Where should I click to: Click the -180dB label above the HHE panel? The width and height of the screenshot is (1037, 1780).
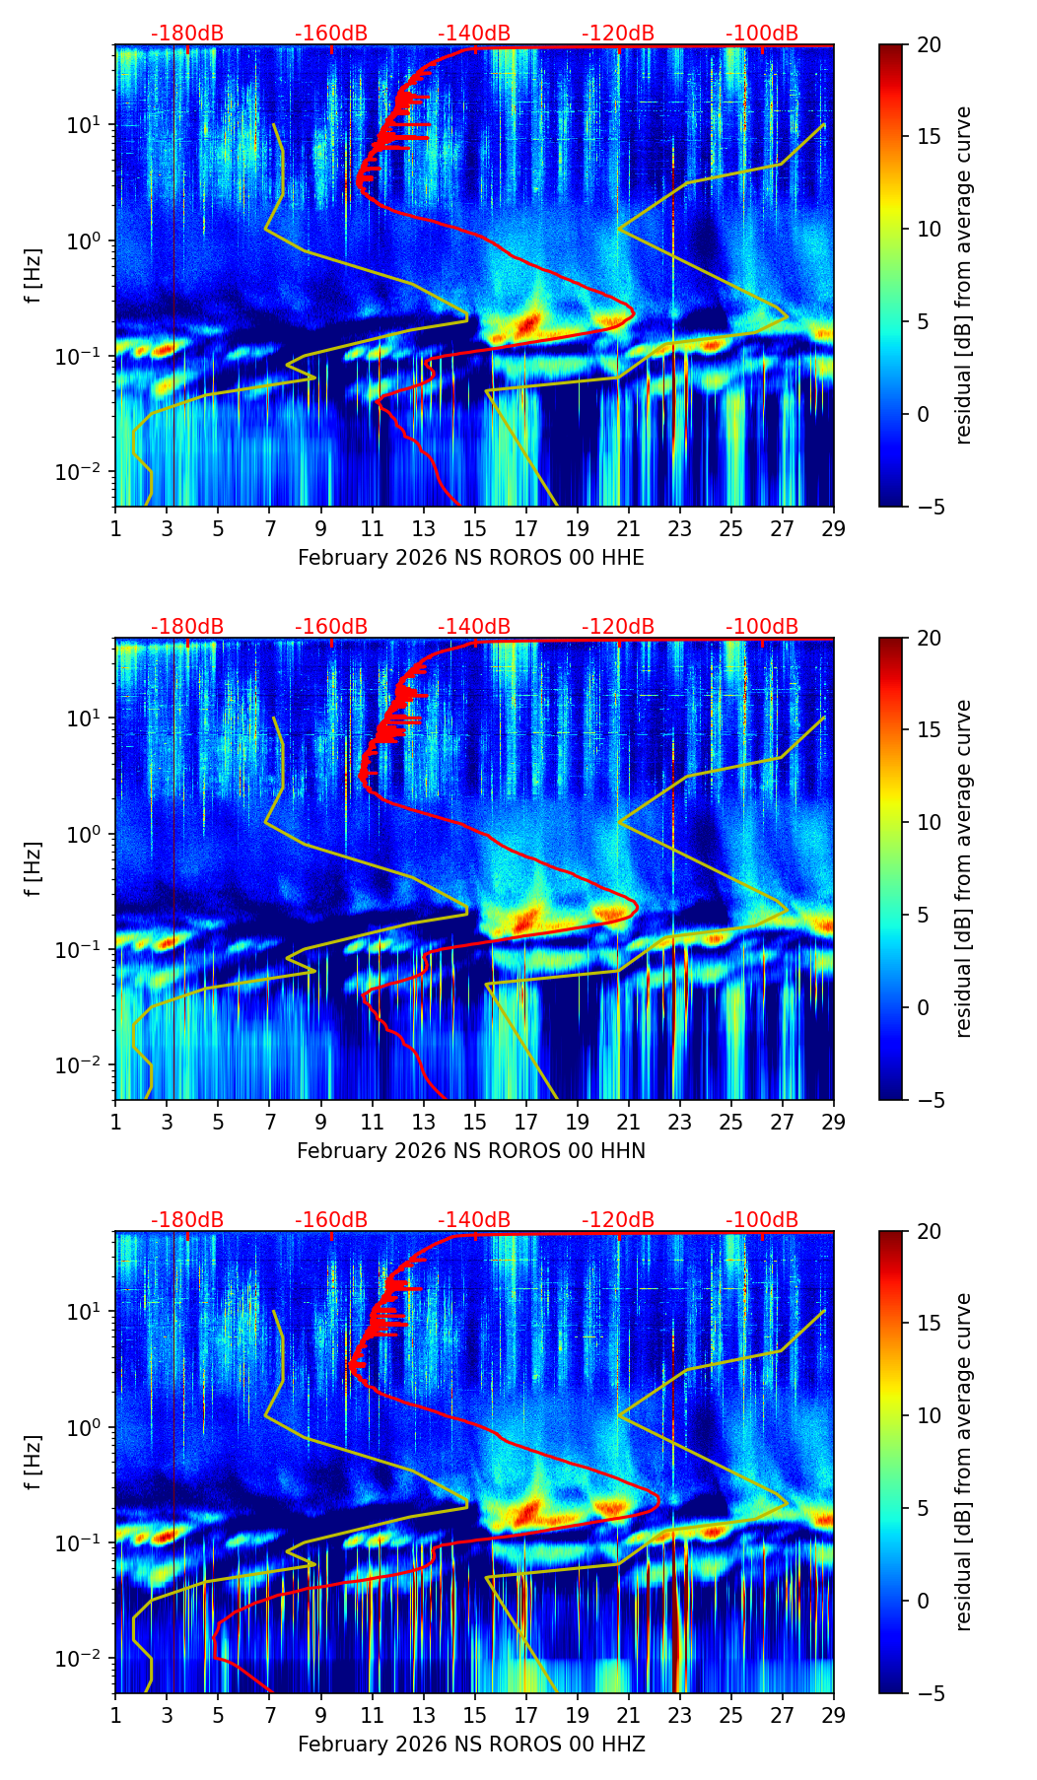click(x=187, y=34)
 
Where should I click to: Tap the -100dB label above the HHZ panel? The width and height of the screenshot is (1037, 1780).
click(x=762, y=1220)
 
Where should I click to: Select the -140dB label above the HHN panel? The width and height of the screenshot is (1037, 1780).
click(x=474, y=627)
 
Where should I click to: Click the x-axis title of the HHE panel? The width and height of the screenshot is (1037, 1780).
click(x=471, y=558)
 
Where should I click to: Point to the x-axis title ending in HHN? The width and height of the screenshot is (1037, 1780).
click(x=471, y=1151)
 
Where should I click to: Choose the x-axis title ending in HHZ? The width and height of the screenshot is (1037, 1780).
click(x=471, y=1745)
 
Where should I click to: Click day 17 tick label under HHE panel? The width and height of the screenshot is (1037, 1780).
click(x=526, y=529)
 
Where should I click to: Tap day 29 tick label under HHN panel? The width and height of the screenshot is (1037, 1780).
click(x=834, y=1123)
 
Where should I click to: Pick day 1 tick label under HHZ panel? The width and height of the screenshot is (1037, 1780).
click(x=115, y=1716)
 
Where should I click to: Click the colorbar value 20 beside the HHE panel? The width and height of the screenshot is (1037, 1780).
click(x=929, y=45)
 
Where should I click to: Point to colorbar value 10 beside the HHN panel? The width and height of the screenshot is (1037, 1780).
click(x=929, y=822)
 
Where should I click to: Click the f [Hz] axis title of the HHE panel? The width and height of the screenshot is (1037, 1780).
click(x=34, y=275)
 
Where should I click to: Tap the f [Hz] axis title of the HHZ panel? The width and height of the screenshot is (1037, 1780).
click(x=34, y=1462)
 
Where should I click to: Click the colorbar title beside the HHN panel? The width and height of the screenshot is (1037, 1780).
click(x=963, y=868)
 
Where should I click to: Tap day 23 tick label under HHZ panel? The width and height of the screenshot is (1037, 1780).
click(x=680, y=1716)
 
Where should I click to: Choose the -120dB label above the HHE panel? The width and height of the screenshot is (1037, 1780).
click(x=618, y=34)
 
